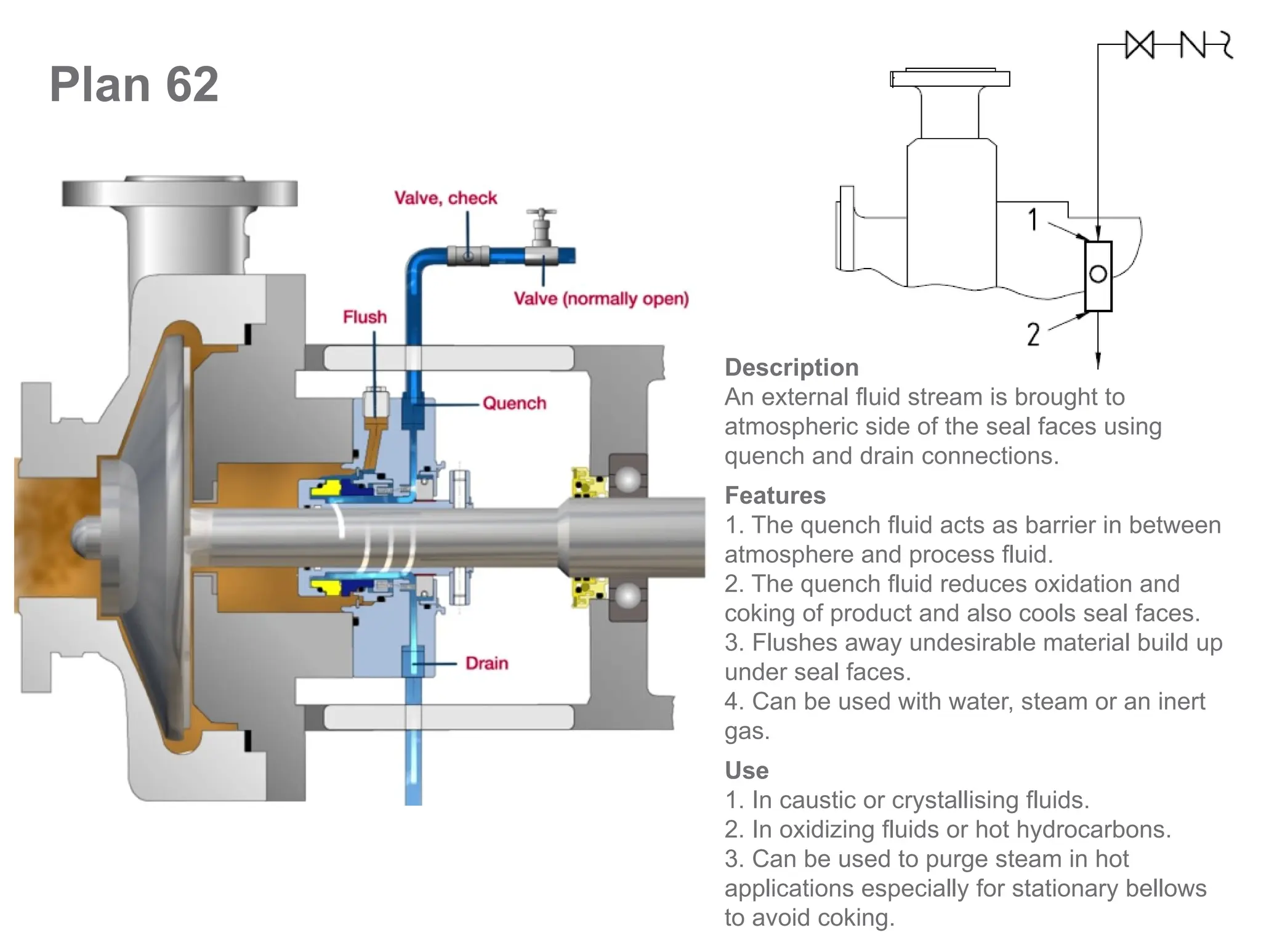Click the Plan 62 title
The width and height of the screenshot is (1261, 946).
coord(134,84)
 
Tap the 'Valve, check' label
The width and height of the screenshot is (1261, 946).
coord(445,198)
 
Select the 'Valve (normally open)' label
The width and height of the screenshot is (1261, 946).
coord(601,299)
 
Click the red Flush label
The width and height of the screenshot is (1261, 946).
coord(365,317)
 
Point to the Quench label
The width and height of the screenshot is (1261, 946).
coord(514,403)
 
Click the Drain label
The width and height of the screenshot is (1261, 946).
coord(486,663)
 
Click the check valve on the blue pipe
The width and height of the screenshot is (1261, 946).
coord(468,255)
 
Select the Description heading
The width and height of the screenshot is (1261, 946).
coord(791,368)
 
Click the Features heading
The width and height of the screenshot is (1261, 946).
coord(775,496)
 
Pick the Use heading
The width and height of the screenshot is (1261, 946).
coord(746,770)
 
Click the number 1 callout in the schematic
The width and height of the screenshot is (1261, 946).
coord(1033,220)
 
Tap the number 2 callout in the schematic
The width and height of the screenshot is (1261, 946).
coord(1033,334)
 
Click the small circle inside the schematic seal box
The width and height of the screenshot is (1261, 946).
coord(1098,274)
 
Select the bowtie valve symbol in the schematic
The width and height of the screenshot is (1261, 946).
coord(1139,45)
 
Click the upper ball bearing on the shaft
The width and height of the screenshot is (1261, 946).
coord(627,480)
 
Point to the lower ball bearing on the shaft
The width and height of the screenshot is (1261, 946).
coord(627,596)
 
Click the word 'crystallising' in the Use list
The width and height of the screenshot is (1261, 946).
coord(956,800)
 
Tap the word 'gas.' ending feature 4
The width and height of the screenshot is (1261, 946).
coord(747,731)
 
